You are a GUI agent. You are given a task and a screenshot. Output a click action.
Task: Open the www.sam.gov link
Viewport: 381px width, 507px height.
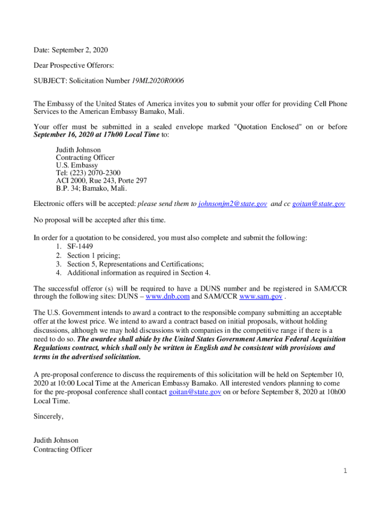pyautogui.click(x=261, y=297)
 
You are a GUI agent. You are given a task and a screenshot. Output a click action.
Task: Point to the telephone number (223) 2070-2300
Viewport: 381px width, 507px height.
pyautogui.click(x=95, y=173)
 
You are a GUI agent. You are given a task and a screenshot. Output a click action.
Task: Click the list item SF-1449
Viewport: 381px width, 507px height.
pyautogui.click(x=80, y=246)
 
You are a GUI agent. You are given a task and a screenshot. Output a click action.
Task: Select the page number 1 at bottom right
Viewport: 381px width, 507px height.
pyautogui.click(x=345, y=471)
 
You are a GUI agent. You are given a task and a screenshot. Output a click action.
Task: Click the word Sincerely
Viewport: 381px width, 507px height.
pyautogui.click(x=48, y=416)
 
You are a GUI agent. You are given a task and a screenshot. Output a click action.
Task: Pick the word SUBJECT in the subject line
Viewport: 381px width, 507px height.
pyautogui.click(x=49, y=80)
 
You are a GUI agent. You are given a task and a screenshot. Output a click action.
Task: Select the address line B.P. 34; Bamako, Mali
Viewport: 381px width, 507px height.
pyautogui.click(x=92, y=188)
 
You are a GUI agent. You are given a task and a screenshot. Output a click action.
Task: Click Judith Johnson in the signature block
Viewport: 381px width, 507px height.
pyautogui.click(x=56, y=440)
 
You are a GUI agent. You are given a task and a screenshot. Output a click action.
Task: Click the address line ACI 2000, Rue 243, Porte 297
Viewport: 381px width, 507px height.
pyautogui.click(x=101, y=181)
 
